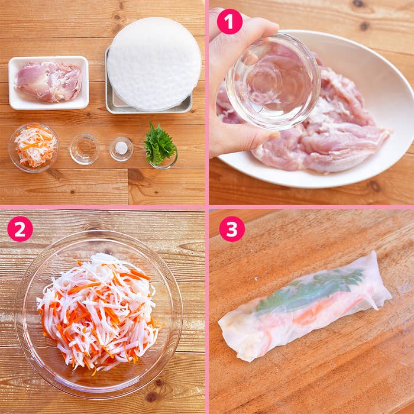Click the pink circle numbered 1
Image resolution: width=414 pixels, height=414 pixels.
[229, 21]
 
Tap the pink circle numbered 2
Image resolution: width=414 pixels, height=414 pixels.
[20, 229]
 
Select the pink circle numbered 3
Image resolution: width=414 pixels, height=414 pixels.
[232, 229]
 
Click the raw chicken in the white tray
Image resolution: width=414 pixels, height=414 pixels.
[49, 81]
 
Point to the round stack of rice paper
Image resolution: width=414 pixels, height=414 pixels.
[154, 63]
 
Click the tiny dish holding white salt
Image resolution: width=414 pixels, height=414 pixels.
[121, 149]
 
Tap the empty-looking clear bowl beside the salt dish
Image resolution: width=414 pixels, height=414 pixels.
[85, 149]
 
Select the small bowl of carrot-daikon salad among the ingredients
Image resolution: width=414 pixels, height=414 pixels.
[34, 147]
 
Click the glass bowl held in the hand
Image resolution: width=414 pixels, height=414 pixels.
[273, 82]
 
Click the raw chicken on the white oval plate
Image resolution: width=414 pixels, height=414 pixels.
[317, 127]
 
